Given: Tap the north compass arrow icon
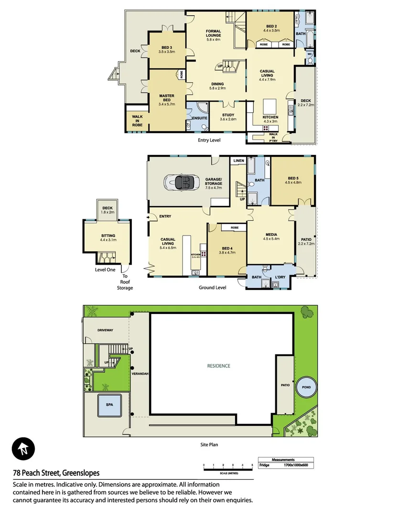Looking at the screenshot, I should pyautogui.click(x=22, y=448).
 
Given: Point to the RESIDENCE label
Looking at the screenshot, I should pyautogui.click(x=218, y=366).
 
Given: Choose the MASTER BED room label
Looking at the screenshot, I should pyautogui.click(x=167, y=98).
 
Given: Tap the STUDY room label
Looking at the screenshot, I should pyautogui.click(x=227, y=115).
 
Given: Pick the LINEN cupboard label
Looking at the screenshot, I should pyautogui.click(x=238, y=161).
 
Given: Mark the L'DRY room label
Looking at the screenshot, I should pyautogui.click(x=280, y=277).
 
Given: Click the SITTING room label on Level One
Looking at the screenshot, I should pyautogui.click(x=108, y=236).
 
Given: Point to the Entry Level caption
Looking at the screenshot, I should pyautogui.click(x=209, y=140).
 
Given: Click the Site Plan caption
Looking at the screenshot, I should pyautogui.click(x=209, y=444).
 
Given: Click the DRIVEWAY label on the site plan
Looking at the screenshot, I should pyautogui.click(x=105, y=331).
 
